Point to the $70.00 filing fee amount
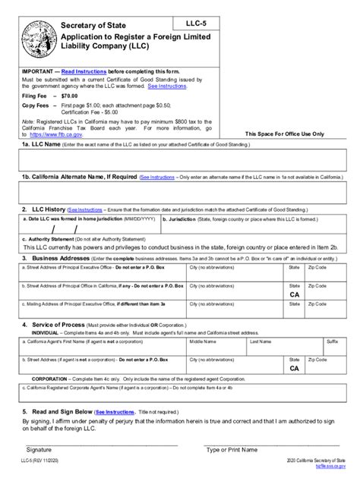click(x=71, y=97)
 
